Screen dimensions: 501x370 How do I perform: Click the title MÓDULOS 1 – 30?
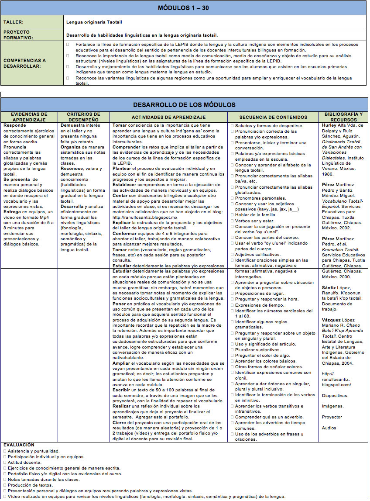coord(183,8)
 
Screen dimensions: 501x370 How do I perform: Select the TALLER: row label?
coord(14,21)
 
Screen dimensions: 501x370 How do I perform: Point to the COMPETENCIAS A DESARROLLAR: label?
coord(24,63)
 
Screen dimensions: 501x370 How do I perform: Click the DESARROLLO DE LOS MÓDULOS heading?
coord(184,104)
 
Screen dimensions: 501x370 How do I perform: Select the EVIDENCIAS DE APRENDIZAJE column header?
coord(29,117)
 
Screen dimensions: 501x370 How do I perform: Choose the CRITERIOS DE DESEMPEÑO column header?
coord(84,117)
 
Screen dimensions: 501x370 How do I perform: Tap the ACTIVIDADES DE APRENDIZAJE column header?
coord(168,117)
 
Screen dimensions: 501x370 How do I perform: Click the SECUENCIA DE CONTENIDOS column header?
coord(273,117)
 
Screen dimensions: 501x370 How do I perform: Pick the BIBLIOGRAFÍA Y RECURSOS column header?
coord(344,117)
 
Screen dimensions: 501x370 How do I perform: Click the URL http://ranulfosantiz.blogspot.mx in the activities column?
coord(145,217)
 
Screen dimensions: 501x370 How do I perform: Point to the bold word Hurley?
coord(330,125)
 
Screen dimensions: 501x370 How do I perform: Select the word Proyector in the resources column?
coord(332,417)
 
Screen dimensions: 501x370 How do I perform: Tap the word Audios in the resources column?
coord(329,428)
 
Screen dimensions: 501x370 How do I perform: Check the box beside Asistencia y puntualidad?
coord(4,451)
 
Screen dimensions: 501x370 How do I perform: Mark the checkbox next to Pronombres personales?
coord(232,198)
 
